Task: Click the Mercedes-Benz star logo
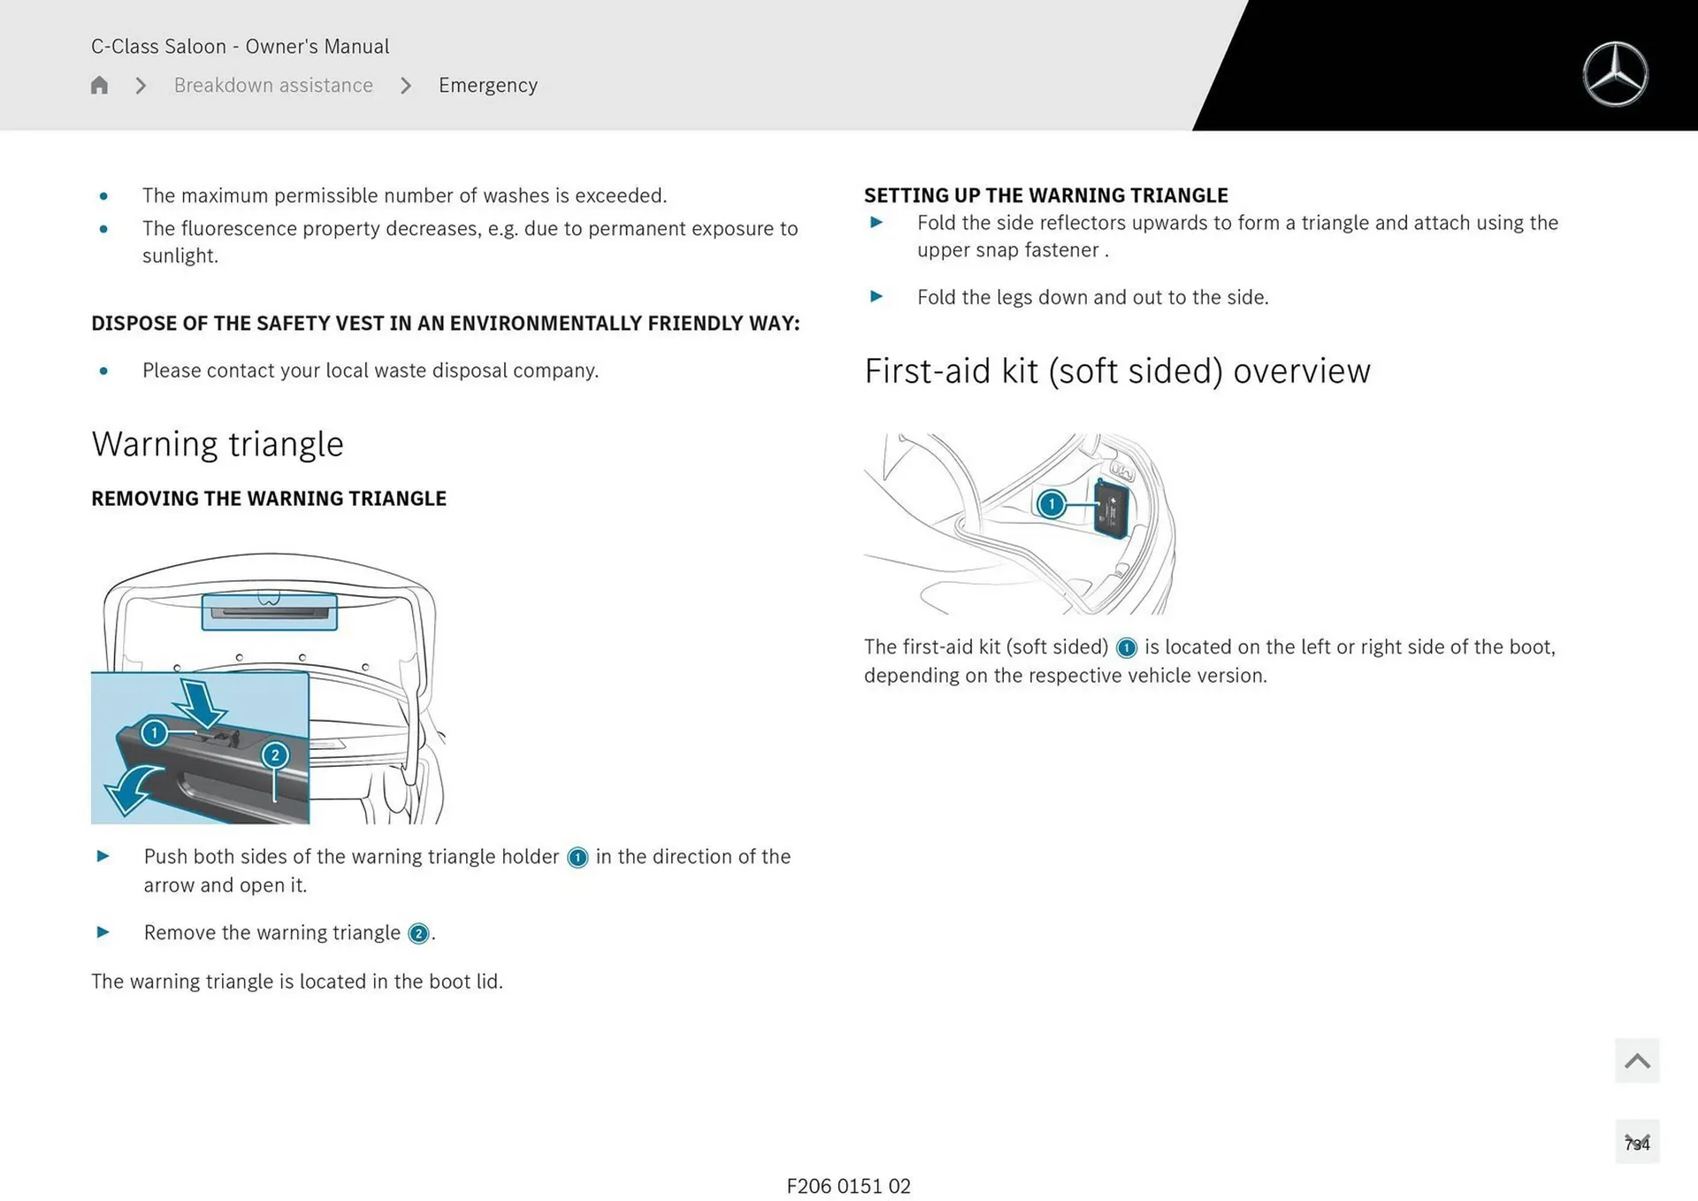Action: (1615, 74)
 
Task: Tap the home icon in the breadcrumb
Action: (99, 85)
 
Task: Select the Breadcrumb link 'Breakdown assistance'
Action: (273, 85)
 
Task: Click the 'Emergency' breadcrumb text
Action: (488, 86)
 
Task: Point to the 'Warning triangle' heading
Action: (218, 444)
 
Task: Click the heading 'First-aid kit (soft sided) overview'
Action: (1117, 371)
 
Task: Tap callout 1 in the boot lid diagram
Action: (155, 732)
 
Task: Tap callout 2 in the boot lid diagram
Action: (275, 754)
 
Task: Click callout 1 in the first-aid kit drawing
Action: (1052, 504)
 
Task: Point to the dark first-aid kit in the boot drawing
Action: (1112, 509)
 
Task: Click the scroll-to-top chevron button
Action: (1637, 1060)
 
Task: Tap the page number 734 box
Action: (1637, 1142)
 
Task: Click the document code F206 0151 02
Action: (848, 1186)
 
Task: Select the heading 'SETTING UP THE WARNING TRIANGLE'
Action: (1046, 195)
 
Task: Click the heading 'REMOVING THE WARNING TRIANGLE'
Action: (269, 499)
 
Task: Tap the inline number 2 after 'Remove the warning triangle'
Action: (418, 934)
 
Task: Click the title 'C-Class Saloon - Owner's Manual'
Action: (240, 46)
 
